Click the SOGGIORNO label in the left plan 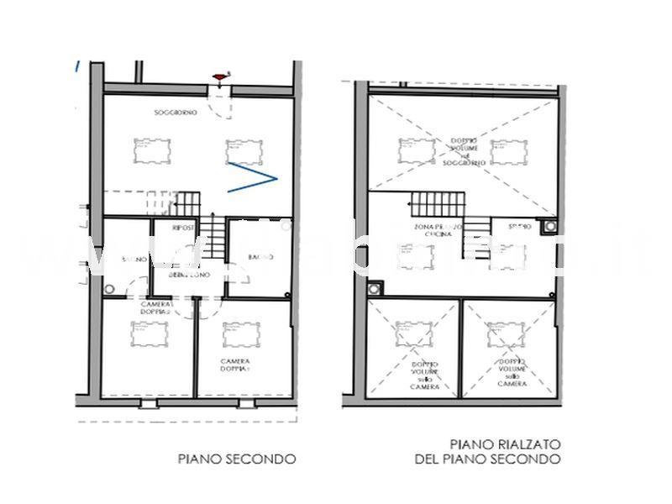click(x=176, y=113)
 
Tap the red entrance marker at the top click(x=222, y=77)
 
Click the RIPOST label click(x=183, y=228)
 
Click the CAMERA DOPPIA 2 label click(x=156, y=307)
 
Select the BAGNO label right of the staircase click(x=257, y=257)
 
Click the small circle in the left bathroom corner click(x=109, y=288)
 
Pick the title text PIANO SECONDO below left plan click(x=236, y=459)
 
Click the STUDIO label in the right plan click(x=519, y=228)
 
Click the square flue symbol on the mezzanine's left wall click(x=374, y=287)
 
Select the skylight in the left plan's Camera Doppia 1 click(x=240, y=334)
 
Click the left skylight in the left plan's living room click(x=151, y=152)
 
